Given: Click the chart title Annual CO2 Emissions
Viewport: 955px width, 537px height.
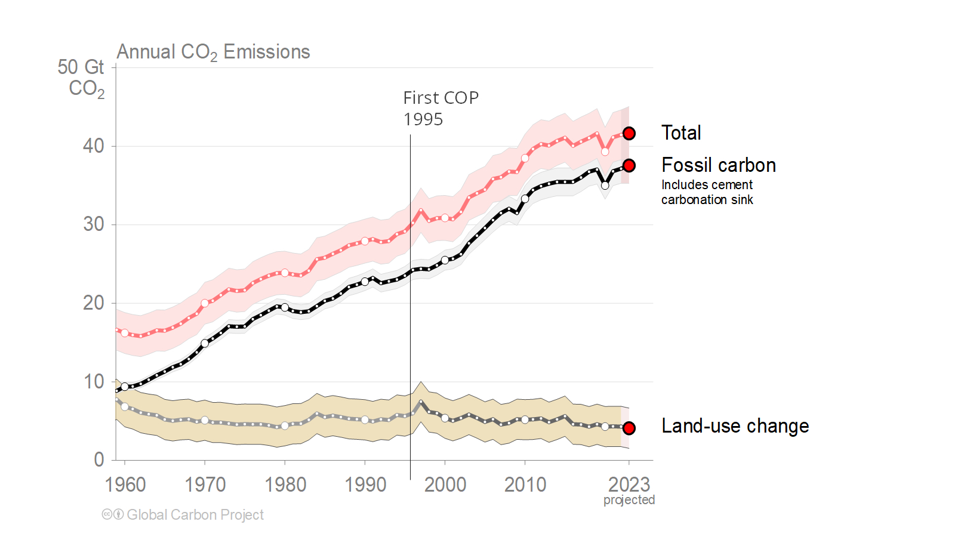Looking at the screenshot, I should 213,53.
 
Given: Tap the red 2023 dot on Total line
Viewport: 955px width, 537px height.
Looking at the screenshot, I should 629,134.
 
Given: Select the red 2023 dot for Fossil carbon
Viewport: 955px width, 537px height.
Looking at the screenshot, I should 629,165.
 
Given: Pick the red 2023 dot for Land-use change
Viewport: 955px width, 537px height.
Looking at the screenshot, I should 629,428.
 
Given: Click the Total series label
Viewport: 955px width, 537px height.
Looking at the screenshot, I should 681,133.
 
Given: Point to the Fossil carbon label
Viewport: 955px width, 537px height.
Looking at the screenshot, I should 719,165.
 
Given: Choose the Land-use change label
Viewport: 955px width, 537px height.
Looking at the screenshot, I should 735,426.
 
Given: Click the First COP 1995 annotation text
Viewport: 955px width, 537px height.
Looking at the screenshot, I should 440,108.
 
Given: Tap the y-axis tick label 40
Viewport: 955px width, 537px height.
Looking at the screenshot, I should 94,146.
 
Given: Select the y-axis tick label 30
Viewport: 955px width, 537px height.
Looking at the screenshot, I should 94,225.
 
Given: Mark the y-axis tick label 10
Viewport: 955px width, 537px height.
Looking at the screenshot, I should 94,382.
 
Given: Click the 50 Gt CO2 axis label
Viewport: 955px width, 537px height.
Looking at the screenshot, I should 81,78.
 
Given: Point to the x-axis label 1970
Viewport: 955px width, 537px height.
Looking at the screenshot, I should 205,484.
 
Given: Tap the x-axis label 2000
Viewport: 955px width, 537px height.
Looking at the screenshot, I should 445,484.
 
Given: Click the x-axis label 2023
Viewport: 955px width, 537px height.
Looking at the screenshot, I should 629,484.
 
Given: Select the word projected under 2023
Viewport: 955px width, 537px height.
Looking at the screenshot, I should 629,500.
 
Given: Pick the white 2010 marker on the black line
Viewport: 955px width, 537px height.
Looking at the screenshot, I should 525,199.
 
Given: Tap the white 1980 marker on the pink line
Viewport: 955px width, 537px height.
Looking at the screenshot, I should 285,273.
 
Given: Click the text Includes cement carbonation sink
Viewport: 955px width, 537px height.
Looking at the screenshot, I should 707,192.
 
